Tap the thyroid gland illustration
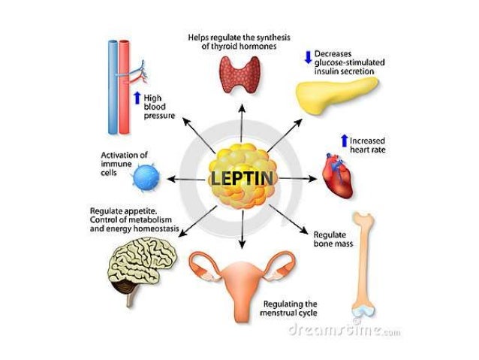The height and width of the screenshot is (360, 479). pos(240,74)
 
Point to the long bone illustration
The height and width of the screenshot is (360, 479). pos(366,263)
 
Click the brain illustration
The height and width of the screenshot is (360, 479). pos(143,267)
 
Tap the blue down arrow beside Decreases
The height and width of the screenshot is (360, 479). pos(308,56)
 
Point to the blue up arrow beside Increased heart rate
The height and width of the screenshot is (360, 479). pos(344,141)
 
